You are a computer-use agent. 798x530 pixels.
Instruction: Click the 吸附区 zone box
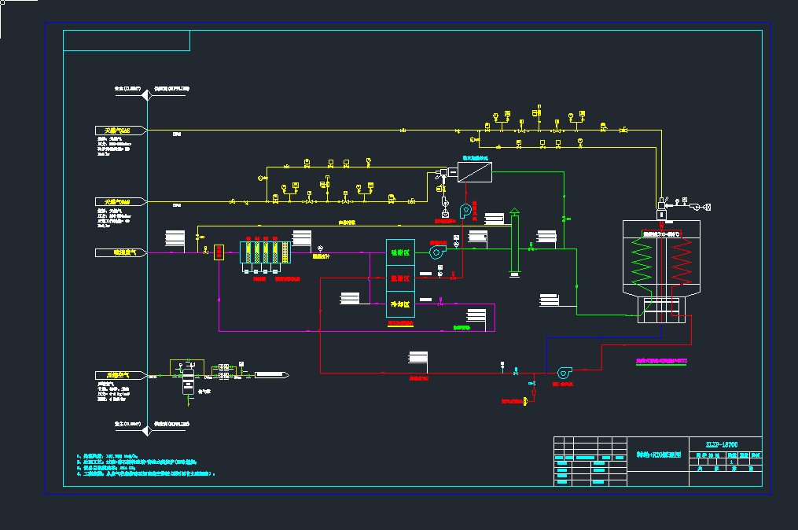tap(400, 252)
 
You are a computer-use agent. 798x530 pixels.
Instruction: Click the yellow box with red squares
tap(220, 252)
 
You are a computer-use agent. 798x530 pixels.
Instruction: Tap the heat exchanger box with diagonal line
tap(475, 171)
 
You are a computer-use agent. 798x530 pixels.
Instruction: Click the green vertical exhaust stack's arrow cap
tap(514, 212)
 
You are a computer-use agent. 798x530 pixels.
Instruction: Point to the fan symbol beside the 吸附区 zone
tap(436, 251)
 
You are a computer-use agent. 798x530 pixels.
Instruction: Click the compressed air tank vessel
tap(188, 382)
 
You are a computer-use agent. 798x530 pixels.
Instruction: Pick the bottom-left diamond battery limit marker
tap(148, 425)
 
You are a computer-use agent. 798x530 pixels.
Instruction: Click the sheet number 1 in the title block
tap(731, 462)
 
